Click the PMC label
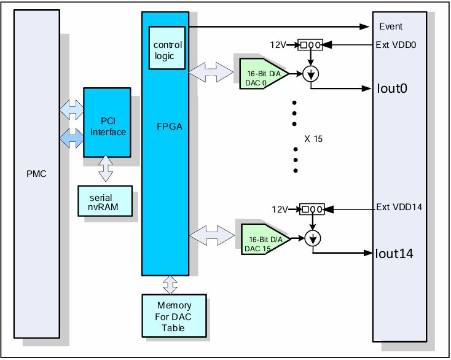pos(37,174)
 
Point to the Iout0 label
pos(393,88)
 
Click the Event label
pos(391,26)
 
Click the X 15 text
pos(313,139)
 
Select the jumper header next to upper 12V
pos(310,45)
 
